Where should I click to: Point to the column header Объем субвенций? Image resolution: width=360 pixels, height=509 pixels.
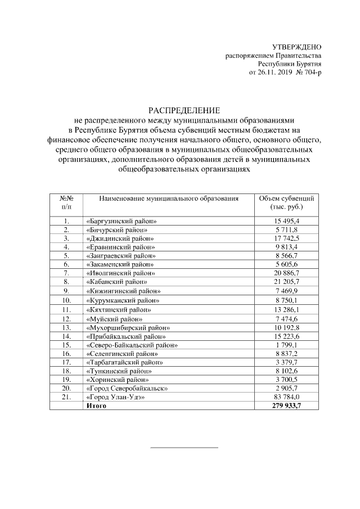pyautogui.click(x=286, y=199)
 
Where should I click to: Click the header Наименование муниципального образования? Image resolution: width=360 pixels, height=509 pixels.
pyautogui.click(x=169, y=199)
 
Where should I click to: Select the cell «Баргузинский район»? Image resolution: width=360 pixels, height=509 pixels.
pyautogui.click(x=121, y=222)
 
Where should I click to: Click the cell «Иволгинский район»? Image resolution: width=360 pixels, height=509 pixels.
pyautogui.click(x=120, y=273)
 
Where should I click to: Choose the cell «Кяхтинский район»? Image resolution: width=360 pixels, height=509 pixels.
pyautogui.click(x=119, y=309)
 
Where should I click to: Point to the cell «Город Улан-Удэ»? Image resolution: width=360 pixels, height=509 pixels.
pyautogui.click(x=115, y=397)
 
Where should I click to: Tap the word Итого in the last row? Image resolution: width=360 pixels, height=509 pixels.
pyautogui.click(x=96, y=406)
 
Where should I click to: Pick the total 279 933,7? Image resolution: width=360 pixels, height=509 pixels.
pyautogui.click(x=287, y=406)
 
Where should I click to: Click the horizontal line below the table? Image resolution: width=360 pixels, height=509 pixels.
pyautogui.click(x=184, y=448)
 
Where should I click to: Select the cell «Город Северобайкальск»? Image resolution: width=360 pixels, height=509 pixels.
pyautogui.click(x=127, y=388)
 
